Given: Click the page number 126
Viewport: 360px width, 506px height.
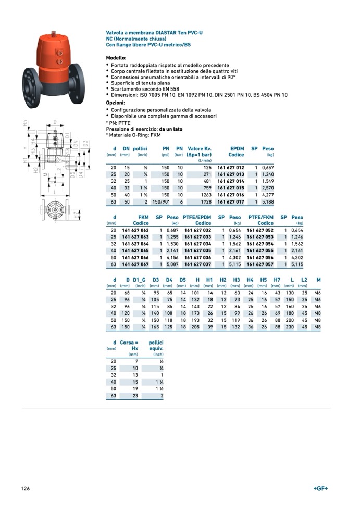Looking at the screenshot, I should point(26,488).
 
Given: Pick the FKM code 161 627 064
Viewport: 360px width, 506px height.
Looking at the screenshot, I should point(135,244).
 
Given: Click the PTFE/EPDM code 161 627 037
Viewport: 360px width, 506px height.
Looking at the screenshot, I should point(197,264).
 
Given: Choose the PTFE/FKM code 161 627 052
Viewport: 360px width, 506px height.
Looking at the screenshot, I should point(260,230).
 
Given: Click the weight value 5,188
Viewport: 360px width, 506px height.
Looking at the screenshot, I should point(268,201).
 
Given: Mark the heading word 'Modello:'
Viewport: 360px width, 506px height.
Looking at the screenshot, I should point(116,58).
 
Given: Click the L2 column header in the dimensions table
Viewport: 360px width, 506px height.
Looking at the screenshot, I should point(304,280).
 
